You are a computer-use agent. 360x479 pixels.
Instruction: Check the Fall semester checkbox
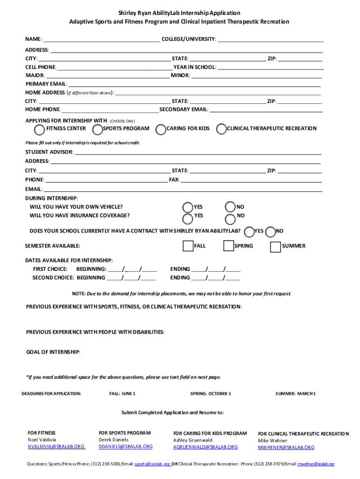point(188,246)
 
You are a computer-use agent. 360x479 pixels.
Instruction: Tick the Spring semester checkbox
point(229,246)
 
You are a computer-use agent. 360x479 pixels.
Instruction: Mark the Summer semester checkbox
point(276,246)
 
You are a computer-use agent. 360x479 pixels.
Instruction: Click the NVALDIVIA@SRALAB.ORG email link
point(56,447)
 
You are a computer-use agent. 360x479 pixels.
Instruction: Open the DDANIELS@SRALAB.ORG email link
point(125,447)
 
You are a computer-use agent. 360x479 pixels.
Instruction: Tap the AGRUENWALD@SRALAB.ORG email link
point(205,447)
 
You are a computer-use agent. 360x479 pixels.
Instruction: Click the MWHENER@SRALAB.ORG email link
point(286,448)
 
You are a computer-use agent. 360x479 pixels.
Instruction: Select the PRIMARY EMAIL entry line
point(194,84)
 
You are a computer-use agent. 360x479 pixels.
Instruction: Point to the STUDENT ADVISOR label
point(49,152)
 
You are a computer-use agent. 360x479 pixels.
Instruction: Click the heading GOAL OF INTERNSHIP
point(53,352)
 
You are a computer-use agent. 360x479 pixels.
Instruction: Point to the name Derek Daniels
point(113,440)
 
